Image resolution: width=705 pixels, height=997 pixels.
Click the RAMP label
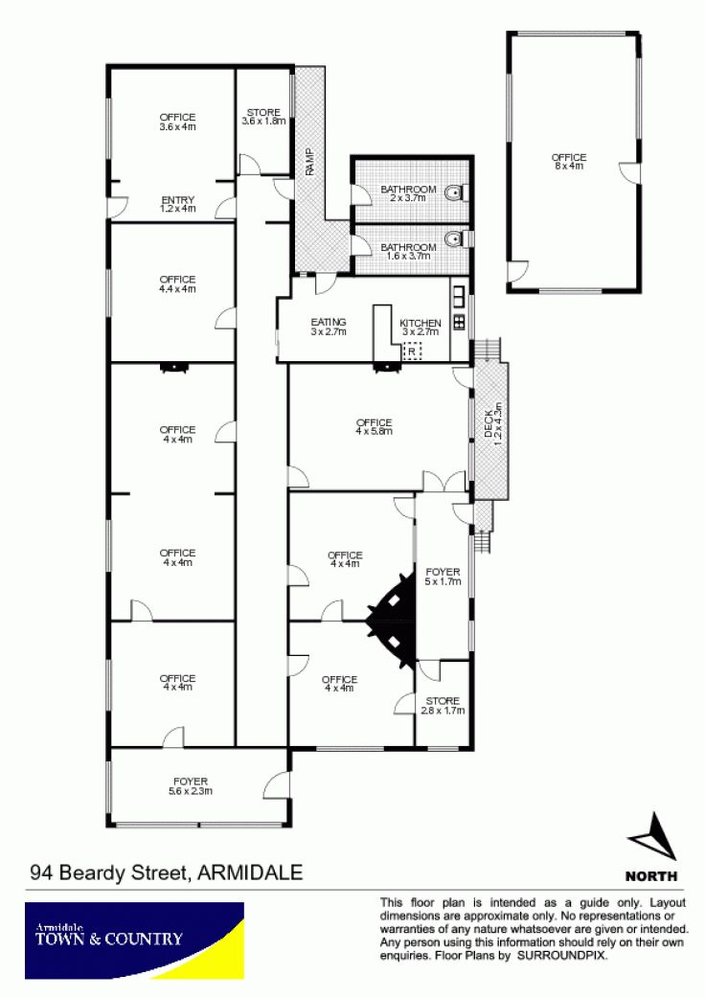pyautogui.click(x=309, y=162)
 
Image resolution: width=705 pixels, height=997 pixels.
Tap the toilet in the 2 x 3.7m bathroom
pyautogui.click(x=456, y=192)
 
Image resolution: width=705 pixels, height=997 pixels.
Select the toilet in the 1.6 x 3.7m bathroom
pyautogui.click(x=456, y=239)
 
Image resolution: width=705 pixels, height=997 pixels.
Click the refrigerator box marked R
pyautogui.click(x=412, y=351)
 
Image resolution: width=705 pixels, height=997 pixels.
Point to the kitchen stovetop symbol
pyautogui.click(x=459, y=321)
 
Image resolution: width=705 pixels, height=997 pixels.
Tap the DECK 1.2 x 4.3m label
pyautogui.click(x=492, y=422)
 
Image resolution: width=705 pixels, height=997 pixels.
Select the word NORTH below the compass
pyautogui.click(x=651, y=876)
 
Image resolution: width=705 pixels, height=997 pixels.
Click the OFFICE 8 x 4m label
pyautogui.click(x=569, y=162)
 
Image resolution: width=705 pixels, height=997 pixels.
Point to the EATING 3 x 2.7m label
pyautogui.click(x=328, y=327)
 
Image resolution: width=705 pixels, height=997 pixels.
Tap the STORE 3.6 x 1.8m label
pyautogui.click(x=263, y=116)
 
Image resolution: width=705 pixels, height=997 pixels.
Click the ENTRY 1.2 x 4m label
pyautogui.click(x=178, y=204)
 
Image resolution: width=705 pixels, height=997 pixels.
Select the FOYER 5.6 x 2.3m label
pyautogui.click(x=191, y=786)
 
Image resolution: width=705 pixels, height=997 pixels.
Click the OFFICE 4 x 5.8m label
pyautogui.click(x=375, y=426)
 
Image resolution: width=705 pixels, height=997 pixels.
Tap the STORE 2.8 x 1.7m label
pyautogui.click(x=443, y=706)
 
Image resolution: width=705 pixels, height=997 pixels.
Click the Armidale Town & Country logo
pyautogui.click(x=134, y=940)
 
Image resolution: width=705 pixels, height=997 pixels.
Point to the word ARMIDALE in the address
pyautogui.click(x=250, y=872)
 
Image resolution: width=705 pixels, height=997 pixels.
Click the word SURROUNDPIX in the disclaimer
pyautogui.click(x=562, y=955)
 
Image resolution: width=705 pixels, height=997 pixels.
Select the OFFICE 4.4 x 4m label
pyautogui.click(x=178, y=284)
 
